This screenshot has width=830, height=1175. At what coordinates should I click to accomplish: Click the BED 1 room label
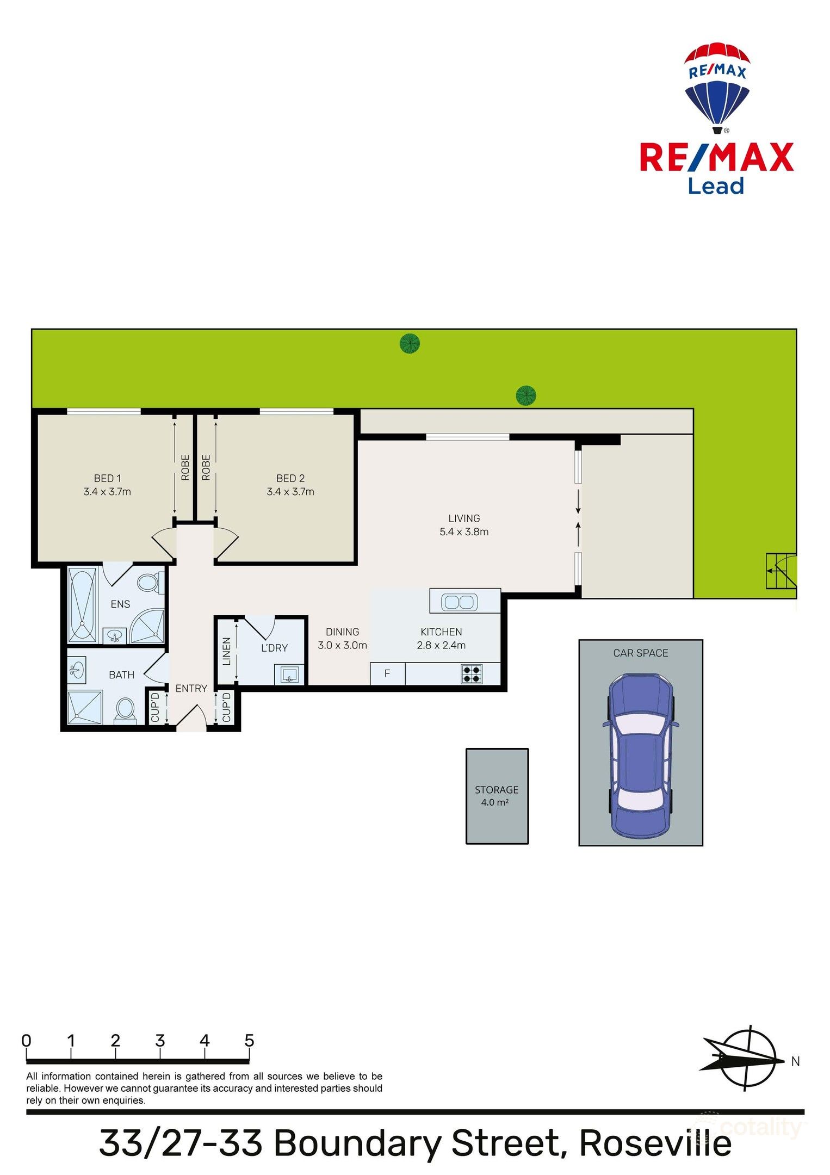pyautogui.click(x=107, y=478)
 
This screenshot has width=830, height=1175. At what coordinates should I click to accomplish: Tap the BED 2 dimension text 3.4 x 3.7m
pyautogui.click(x=290, y=492)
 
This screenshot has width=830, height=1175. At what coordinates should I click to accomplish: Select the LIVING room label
pyautogui.click(x=464, y=518)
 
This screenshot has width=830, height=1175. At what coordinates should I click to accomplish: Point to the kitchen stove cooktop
pyautogui.click(x=471, y=674)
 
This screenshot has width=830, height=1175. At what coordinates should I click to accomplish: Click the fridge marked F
pyautogui.click(x=387, y=673)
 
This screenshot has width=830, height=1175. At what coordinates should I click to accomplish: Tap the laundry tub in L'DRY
pyautogui.click(x=289, y=675)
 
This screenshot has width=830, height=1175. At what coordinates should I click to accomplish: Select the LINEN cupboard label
pyautogui.click(x=227, y=651)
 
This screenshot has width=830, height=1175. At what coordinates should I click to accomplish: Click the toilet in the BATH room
pyautogui.click(x=126, y=709)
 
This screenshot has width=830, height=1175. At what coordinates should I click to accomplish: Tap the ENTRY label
pyautogui.click(x=191, y=688)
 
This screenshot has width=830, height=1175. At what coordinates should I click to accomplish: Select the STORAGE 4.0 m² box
pyautogui.click(x=497, y=796)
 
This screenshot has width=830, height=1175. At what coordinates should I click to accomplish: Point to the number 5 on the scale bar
pyautogui.click(x=249, y=1040)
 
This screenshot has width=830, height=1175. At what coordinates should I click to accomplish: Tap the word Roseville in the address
pyautogui.click(x=655, y=1143)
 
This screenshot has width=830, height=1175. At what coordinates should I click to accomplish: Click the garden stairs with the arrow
pyautogui.click(x=781, y=571)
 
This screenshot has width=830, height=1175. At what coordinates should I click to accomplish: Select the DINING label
pyautogui.click(x=342, y=632)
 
